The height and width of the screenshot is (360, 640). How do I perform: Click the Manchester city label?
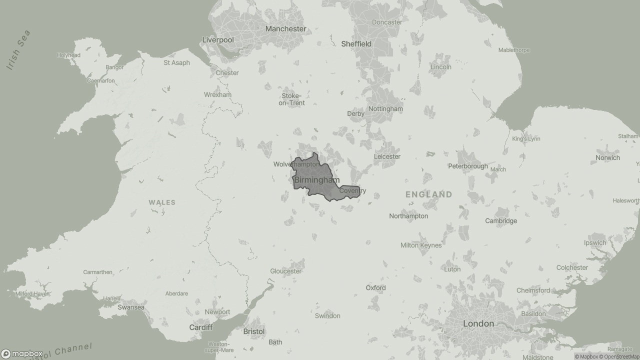285,29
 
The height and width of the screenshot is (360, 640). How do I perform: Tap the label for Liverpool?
218,40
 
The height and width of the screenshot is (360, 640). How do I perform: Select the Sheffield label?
356,44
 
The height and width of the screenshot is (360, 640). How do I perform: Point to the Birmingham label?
316,180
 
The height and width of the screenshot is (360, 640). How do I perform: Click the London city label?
478,324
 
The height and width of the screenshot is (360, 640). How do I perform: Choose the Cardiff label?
200,327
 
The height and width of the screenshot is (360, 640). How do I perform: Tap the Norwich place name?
607,158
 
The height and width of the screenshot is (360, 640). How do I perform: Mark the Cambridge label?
501,221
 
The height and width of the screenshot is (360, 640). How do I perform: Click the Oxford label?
375,288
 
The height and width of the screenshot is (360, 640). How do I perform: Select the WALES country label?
162,202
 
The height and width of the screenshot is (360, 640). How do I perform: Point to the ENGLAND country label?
428,194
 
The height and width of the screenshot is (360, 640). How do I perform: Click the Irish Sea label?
19,50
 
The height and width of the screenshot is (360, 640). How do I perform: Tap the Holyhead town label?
68,55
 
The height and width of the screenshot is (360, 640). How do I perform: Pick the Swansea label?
131,307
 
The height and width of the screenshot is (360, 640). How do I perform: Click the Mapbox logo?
21,354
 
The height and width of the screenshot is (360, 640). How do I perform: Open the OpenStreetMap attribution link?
619,356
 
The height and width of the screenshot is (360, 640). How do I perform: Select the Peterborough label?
467,166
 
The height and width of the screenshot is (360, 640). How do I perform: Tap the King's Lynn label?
526,139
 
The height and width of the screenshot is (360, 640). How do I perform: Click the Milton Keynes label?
421,245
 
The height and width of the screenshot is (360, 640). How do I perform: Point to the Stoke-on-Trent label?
291,99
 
